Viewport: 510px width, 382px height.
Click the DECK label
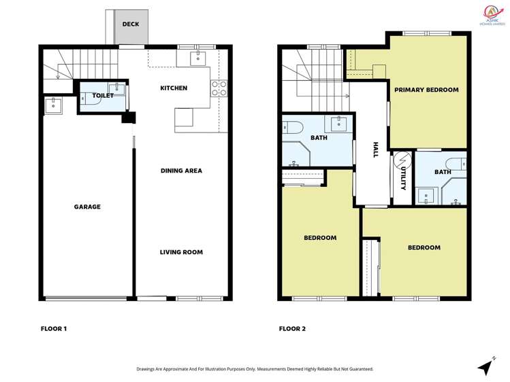pos(130,24)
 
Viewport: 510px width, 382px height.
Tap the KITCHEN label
pos(174,88)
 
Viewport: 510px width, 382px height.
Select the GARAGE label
pos(87,207)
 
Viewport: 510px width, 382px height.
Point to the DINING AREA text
pos(181,171)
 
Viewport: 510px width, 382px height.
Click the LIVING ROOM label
pos(181,252)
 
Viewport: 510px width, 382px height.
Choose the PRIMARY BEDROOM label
pos(426,90)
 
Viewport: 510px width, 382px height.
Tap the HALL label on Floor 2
pos(375,150)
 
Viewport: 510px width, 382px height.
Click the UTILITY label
pos(403,179)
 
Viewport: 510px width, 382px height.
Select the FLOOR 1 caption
pos(54,329)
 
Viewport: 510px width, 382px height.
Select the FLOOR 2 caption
pos(292,329)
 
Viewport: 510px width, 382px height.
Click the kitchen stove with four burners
pos(219,88)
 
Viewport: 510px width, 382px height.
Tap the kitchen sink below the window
pos(199,58)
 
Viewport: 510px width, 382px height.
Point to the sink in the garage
pos(54,105)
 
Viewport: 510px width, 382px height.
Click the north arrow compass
pos(485,366)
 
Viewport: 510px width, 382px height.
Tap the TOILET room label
pos(103,96)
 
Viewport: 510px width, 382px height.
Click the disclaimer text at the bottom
pos(255,369)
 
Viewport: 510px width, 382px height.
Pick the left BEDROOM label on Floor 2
pos(320,238)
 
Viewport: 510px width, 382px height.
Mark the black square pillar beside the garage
pos(127,118)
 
